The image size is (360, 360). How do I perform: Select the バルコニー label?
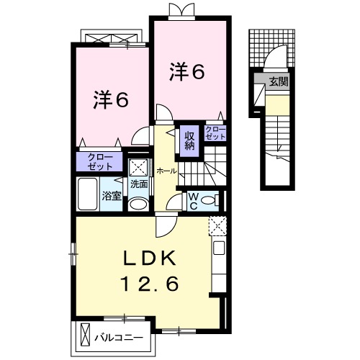pos(120,336)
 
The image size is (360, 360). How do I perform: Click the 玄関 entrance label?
pos(279,81)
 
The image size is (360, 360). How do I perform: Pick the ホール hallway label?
pos(167,172)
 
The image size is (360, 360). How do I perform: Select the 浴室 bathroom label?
pos(111,195)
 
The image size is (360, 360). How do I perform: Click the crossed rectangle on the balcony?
pos(87,336)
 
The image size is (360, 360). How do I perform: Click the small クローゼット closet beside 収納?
pos(215,132)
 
